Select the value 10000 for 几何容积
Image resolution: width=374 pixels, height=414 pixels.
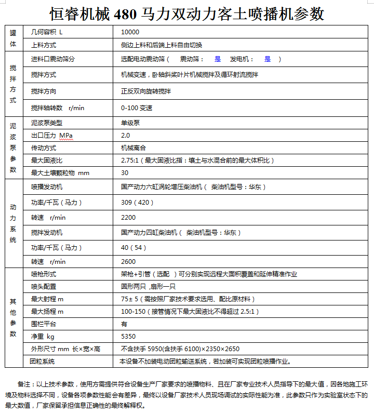130,32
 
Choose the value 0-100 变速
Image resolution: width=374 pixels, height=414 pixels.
137,108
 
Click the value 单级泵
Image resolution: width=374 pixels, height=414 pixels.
130,123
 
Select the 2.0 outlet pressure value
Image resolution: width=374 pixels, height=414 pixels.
125,136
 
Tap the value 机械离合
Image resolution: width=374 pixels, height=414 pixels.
133,148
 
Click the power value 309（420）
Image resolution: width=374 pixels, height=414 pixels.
137,202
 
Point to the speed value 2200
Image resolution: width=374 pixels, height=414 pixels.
128,217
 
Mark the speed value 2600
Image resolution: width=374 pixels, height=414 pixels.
128,262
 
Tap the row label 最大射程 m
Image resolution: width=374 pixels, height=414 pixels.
47,299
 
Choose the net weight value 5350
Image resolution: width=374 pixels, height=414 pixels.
128,337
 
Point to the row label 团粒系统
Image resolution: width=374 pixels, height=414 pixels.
42,362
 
